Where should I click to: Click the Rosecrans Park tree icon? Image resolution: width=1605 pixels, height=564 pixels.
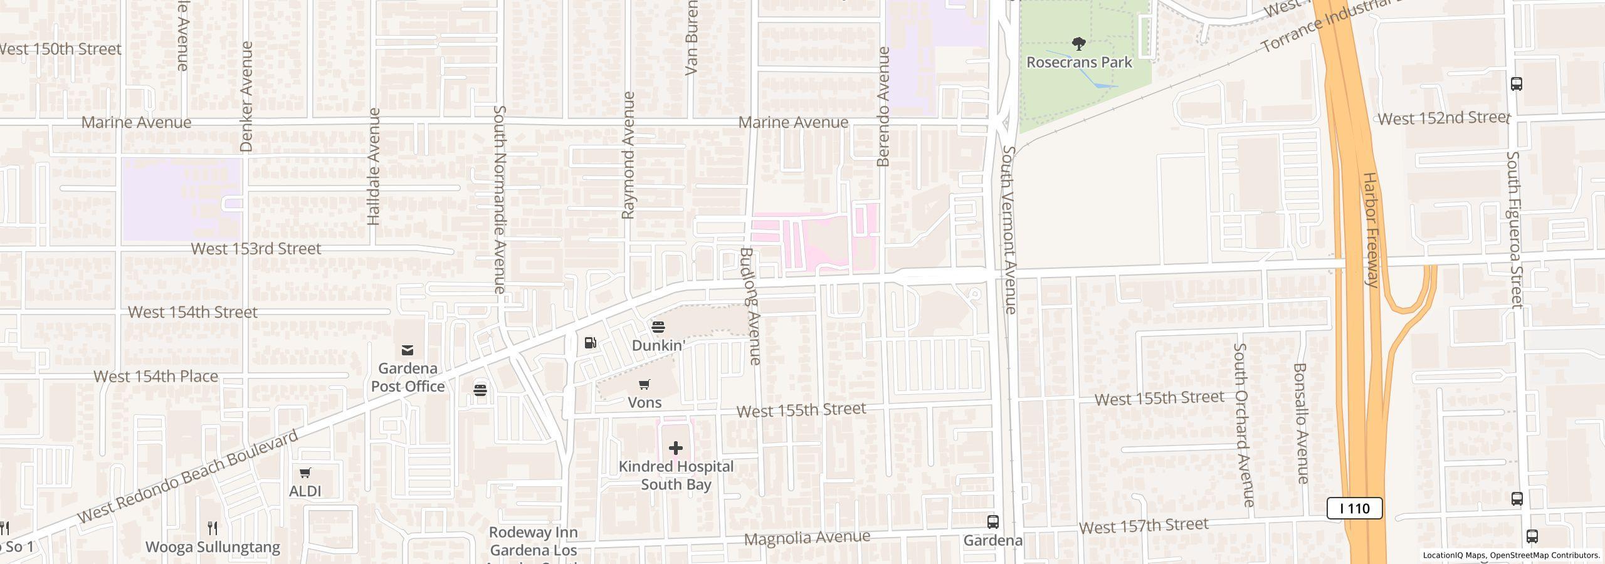tap(1078, 44)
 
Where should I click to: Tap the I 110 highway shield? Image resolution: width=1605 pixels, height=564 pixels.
tap(1354, 508)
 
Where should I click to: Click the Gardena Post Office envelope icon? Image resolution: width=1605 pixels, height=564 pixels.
tap(408, 350)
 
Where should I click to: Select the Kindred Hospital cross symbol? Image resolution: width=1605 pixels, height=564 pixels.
tap(675, 448)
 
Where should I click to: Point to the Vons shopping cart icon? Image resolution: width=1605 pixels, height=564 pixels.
tap(645, 384)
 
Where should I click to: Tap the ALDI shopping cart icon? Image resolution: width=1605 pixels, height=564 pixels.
tap(305, 473)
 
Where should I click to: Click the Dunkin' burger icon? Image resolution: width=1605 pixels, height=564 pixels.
tap(658, 327)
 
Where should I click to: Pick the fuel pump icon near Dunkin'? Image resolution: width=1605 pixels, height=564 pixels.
tap(590, 343)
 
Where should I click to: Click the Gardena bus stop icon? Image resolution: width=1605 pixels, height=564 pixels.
tap(992, 521)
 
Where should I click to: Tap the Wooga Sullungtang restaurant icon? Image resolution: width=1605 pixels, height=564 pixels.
tap(213, 528)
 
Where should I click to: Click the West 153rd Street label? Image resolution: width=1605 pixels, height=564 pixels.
tap(256, 249)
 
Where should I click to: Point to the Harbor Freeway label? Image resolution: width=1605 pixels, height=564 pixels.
tap(1371, 229)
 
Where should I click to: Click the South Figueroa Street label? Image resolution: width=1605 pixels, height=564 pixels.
tap(1515, 229)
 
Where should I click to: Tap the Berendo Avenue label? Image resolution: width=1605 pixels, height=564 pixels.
tap(883, 107)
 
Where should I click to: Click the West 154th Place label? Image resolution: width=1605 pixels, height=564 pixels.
tap(155, 377)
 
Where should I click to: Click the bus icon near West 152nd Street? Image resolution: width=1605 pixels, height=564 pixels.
tap(1516, 84)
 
